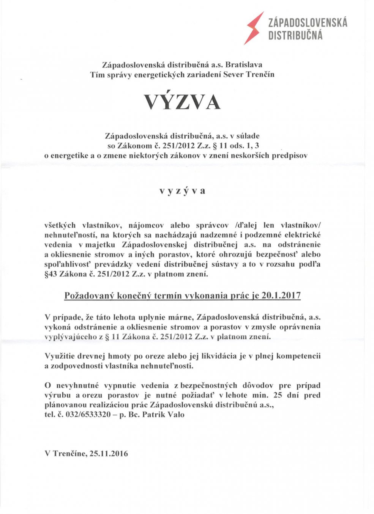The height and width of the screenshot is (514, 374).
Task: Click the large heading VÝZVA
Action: tap(182, 102)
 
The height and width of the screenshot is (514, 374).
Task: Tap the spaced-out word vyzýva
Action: tap(182, 191)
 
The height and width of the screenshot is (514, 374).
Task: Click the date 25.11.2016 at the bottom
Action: tap(109, 453)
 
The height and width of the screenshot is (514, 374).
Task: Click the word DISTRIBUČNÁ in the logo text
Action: tap(295, 36)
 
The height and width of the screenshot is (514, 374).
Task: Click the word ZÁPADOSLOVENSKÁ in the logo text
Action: tap(308, 22)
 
